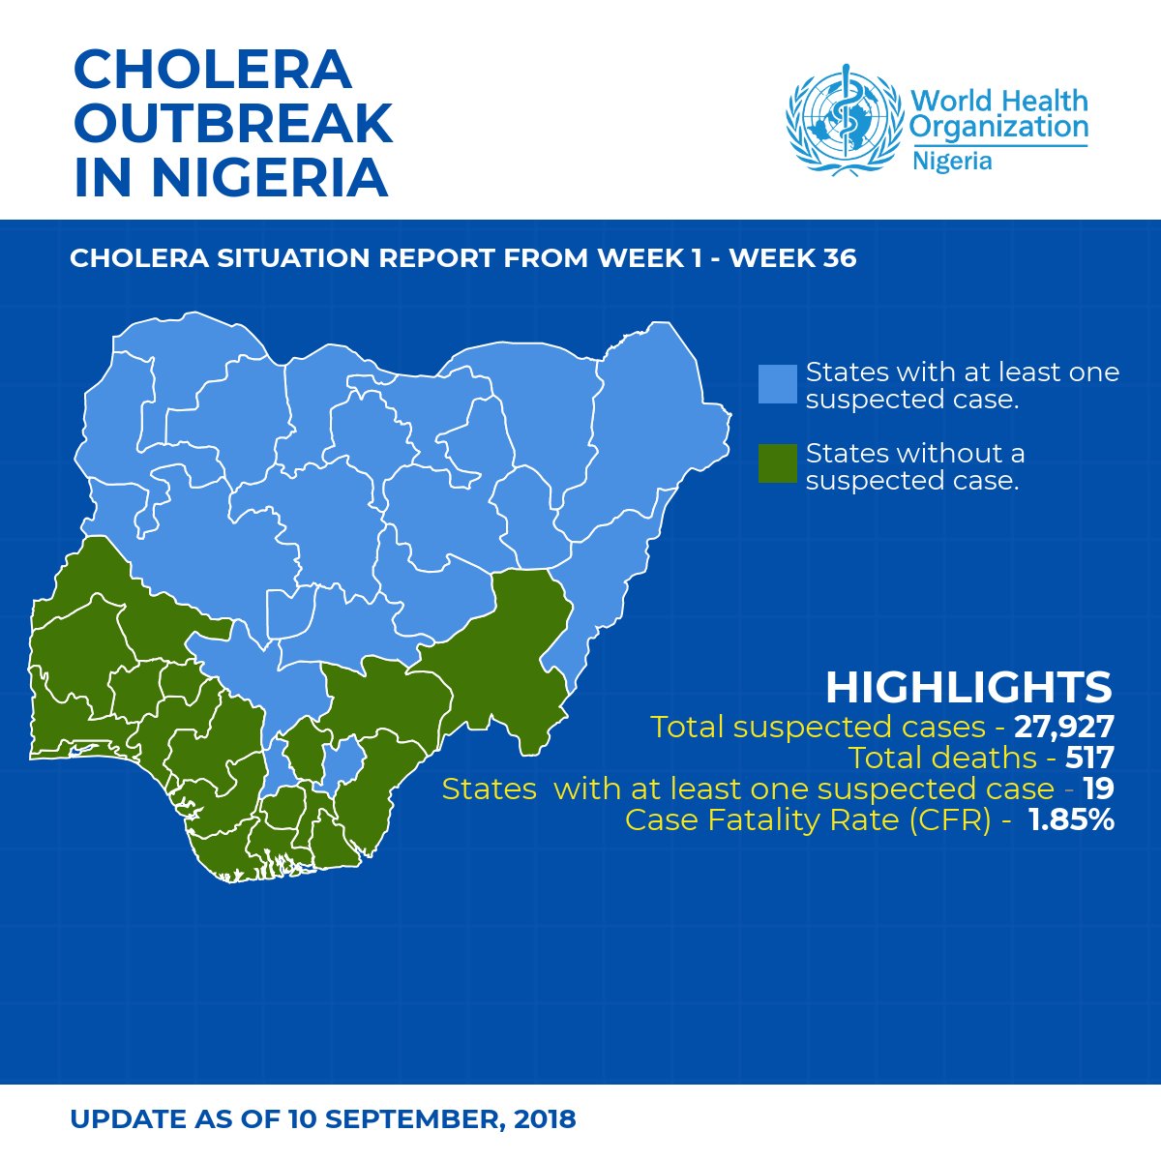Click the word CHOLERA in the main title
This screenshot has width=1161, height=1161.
212,71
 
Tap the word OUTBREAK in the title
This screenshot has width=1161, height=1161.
233,124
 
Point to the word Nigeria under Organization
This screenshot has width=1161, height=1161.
952,161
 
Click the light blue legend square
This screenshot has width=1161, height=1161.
778,384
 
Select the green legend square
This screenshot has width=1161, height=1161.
778,465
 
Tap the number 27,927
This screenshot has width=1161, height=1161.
1064,727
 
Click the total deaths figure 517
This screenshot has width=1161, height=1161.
1089,758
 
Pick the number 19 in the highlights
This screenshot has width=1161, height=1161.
1098,789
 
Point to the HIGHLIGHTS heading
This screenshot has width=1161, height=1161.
968,687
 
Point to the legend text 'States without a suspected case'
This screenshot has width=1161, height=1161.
914,466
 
